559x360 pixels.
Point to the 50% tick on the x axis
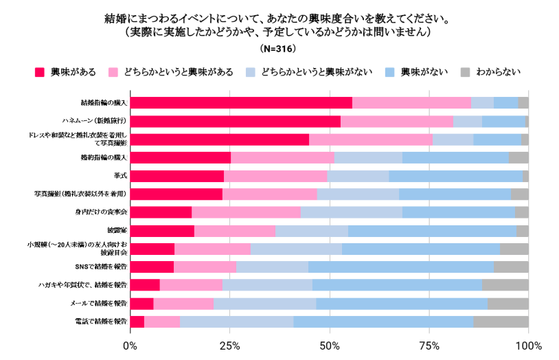(x=330, y=344)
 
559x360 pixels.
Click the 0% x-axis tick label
(x=130, y=344)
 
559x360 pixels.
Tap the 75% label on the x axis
(x=429, y=344)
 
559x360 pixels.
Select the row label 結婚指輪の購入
(x=104, y=103)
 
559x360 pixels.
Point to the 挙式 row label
(x=118, y=176)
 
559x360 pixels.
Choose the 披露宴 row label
(x=115, y=230)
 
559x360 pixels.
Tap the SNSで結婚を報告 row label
(x=102, y=267)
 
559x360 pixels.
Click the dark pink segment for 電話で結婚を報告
(x=137, y=322)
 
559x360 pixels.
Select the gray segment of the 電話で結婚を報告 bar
(x=501, y=322)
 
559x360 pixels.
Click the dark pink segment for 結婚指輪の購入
(x=240, y=103)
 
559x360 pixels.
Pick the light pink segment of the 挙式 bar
(x=275, y=176)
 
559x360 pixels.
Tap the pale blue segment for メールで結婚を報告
(x=264, y=303)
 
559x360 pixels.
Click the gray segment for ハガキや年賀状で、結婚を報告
(x=505, y=284)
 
